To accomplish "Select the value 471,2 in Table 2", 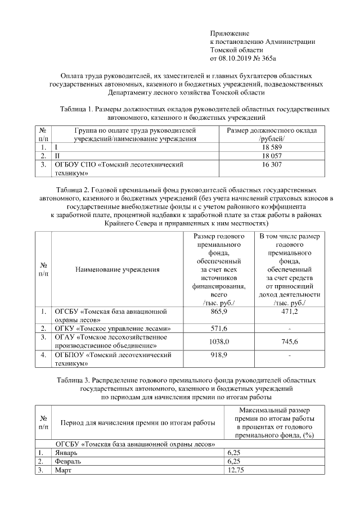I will pyautogui.click(x=289, y=312).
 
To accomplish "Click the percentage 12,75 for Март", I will pyautogui.click(x=236, y=471).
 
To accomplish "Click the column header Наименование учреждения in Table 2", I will pyautogui.click(x=117, y=269).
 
